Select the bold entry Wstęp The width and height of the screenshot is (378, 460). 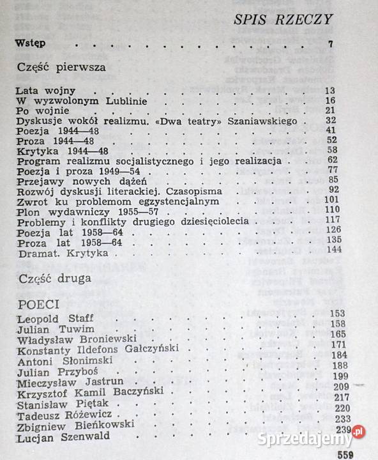(33, 45)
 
